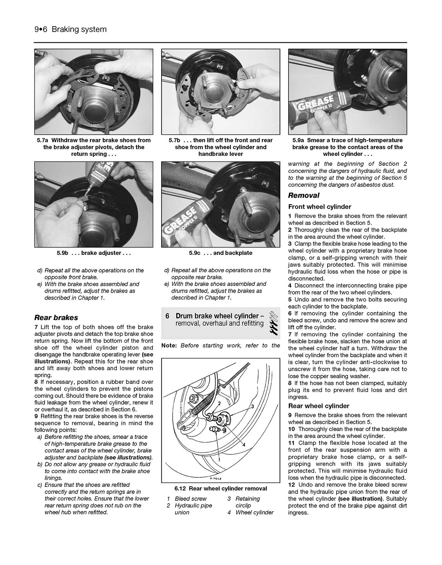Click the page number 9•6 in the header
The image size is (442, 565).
[x=41, y=29]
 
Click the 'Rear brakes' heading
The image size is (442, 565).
[x=56, y=317]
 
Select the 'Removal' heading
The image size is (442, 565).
[x=303, y=195]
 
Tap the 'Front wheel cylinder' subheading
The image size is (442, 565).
[x=319, y=207]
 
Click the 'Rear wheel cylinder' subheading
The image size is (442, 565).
[x=318, y=406]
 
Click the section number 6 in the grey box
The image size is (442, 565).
[x=167, y=316]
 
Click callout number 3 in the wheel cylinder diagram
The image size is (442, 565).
[x=252, y=406]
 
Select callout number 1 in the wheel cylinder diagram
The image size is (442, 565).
[x=219, y=460]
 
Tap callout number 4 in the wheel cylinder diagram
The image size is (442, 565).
[x=244, y=445]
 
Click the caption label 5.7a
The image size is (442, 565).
[x=43, y=140]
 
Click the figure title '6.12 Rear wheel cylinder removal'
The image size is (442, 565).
[x=221, y=489]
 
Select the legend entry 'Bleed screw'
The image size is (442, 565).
[x=191, y=498]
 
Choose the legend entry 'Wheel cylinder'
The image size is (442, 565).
[x=254, y=512]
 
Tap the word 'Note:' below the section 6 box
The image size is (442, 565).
[x=169, y=346]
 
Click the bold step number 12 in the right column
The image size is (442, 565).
[x=291, y=485]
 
